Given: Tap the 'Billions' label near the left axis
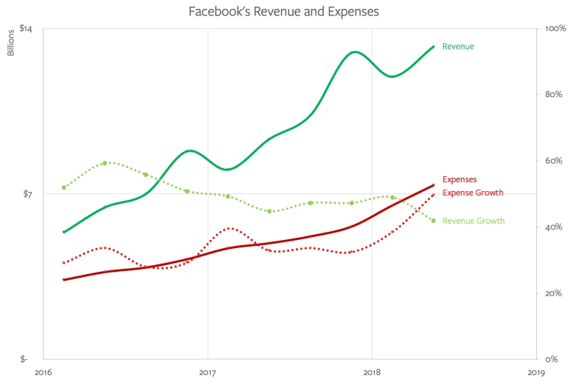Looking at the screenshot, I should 11,43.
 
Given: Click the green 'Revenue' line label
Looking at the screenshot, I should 458,47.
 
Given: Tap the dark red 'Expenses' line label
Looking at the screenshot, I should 459,179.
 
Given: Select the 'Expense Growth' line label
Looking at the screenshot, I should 473,193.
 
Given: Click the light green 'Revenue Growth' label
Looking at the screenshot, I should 473,221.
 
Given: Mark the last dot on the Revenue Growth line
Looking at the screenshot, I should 433,221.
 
